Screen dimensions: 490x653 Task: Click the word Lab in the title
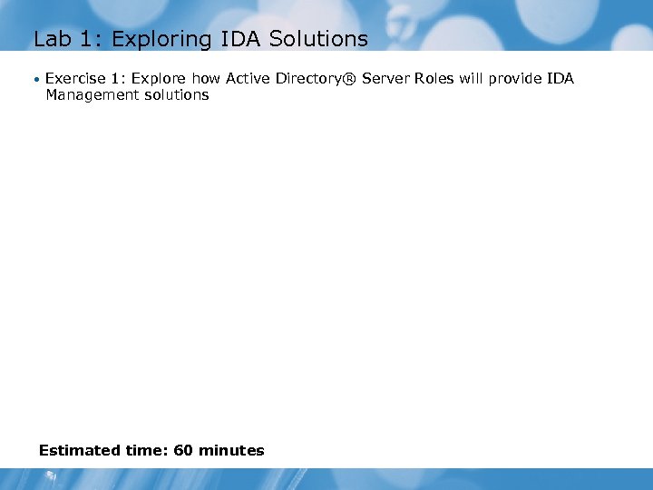tap(51, 39)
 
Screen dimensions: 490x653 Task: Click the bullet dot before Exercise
tap(37, 79)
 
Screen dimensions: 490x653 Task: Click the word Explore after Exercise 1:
tap(159, 79)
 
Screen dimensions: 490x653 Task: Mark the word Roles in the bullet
tap(434, 79)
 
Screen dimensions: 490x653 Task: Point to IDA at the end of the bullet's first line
tap(560, 79)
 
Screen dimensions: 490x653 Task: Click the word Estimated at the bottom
tap(80, 450)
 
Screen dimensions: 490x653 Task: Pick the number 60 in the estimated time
tap(184, 450)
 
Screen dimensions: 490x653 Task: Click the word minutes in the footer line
tap(231, 450)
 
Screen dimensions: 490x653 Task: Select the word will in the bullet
tap(471, 79)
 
